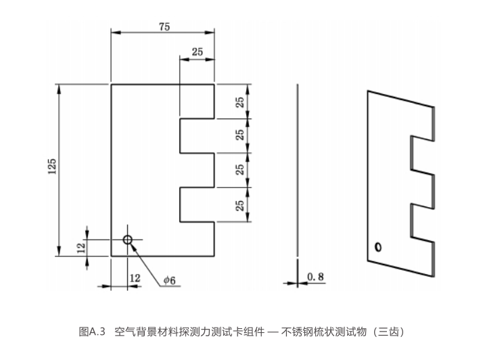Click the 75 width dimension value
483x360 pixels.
tap(164, 26)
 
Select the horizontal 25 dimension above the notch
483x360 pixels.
tap(198, 52)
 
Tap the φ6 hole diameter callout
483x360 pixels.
tap(170, 279)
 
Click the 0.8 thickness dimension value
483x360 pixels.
tap(315, 276)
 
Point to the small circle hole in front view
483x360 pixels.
tap(127, 240)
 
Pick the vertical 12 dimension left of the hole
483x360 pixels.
tap(80, 247)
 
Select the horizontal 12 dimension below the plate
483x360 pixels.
tap(135, 277)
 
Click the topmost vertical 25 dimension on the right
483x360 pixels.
tap(240, 101)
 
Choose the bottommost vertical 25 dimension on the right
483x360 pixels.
tap(240, 204)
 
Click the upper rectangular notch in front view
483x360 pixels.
tap(198, 136)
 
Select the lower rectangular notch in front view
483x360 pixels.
tap(198, 204)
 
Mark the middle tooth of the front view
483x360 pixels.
tap(198, 170)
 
